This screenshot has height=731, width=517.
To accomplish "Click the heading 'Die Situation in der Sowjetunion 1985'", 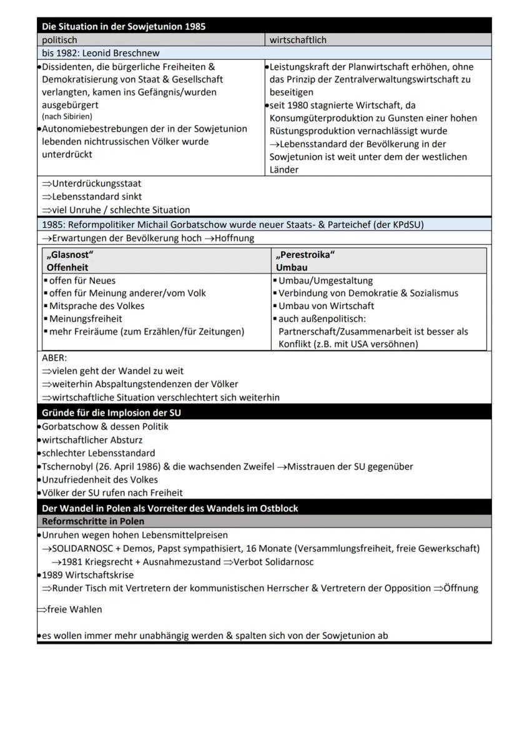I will (123, 26).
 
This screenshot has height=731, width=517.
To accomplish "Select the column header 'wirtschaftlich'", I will (298, 40).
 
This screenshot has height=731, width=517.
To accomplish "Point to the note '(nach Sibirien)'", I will (67, 117).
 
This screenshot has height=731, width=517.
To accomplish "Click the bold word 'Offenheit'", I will (68, 267).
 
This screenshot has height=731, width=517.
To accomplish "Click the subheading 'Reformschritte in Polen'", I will (93, 521).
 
